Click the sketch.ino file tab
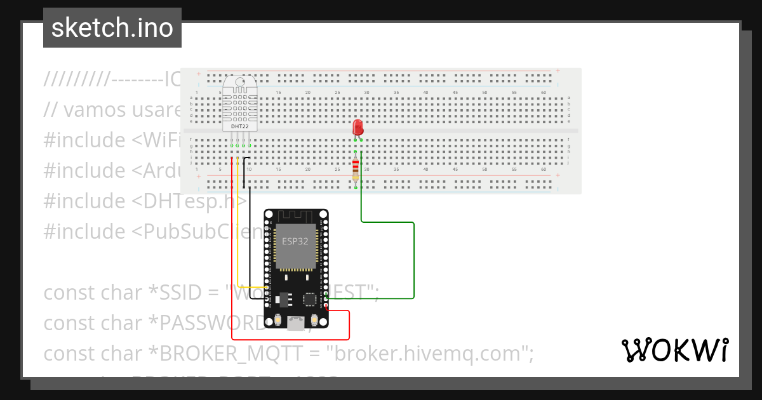pyautogui.click(x=112, y=28)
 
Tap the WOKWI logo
pyautogui.click(x=674, y=350)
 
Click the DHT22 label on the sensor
pyautogui.click(x=240, y=126)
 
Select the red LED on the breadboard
pyautogui.click(x=358, y=126)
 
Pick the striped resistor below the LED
pyautogui.click(x=355, y=169)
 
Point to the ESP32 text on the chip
pyautogui.click(x=295, y=241)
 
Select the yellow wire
pyautogui.click(x=237, y=241)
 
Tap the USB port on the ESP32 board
pyautogui.click(x=295, y=324)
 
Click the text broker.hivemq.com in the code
pyautogui.click(x=429, y=354)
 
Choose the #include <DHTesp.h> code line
pyautogui.click(x=145, y=201)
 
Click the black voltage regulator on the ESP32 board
pyautogui.click(x=284, y=297)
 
